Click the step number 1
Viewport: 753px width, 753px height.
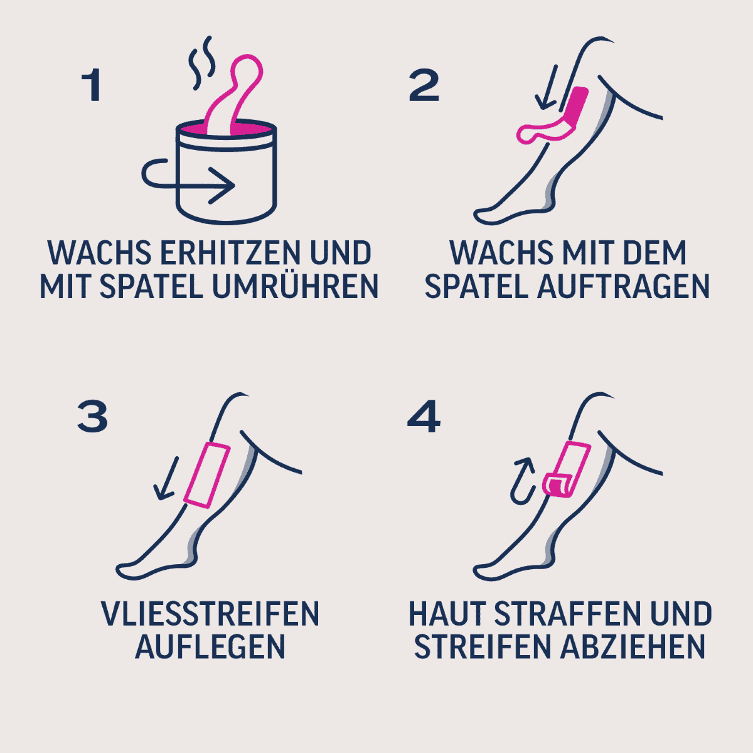pos(93,85)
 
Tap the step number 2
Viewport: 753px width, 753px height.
pos(424,85)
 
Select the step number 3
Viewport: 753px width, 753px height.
pos(93,417)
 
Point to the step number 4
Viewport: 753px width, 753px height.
pos(424,417)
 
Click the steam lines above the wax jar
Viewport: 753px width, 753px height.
pos(201,63)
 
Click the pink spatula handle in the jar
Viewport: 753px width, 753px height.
pos(235,93)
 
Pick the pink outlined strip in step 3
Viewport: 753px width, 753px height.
pos(206,475)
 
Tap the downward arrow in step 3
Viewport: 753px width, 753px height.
pos(166,478)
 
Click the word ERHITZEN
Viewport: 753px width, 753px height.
pos(230,254)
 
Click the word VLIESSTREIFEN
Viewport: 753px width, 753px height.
pos(210,614)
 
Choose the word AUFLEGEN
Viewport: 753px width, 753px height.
pos(210,648)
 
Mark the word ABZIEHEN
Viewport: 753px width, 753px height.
pos(633,648)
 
